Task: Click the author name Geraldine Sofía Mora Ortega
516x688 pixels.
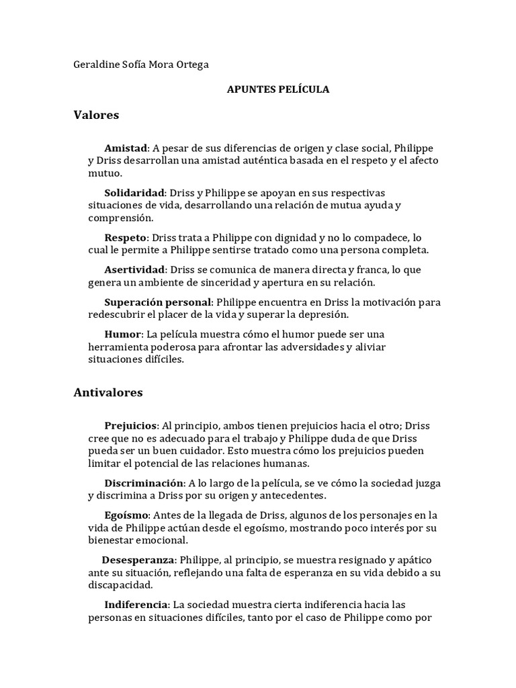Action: click(x=140, y=64)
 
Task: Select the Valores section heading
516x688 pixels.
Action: click(x=96, y=115)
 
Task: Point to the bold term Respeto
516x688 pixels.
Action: click(x=126, y=238)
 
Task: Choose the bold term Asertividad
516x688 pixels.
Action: click(x=134, y=270)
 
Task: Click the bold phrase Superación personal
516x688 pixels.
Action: click(x=158, y=302)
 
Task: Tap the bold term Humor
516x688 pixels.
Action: click(x=123, y=334)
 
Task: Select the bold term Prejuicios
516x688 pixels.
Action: click(x=131, y=425)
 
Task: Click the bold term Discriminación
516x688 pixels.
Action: click(x=144, y=483)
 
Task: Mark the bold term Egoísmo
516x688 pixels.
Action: click(x=127, y=515)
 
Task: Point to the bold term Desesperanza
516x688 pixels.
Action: click(x=138, y=560)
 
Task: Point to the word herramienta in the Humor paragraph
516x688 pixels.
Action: click(x=116, y=347)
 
